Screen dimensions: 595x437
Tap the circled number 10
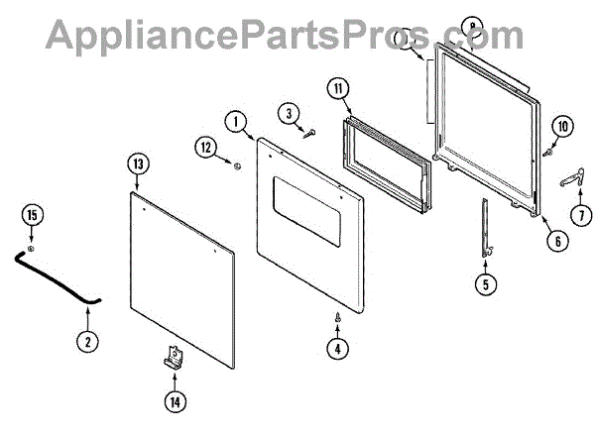[x=562, y=126]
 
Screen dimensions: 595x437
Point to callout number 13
[x=136, y=164]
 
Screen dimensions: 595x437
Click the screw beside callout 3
[x=309, y=132]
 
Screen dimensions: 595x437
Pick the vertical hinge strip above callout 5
[x=485, y=227]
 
